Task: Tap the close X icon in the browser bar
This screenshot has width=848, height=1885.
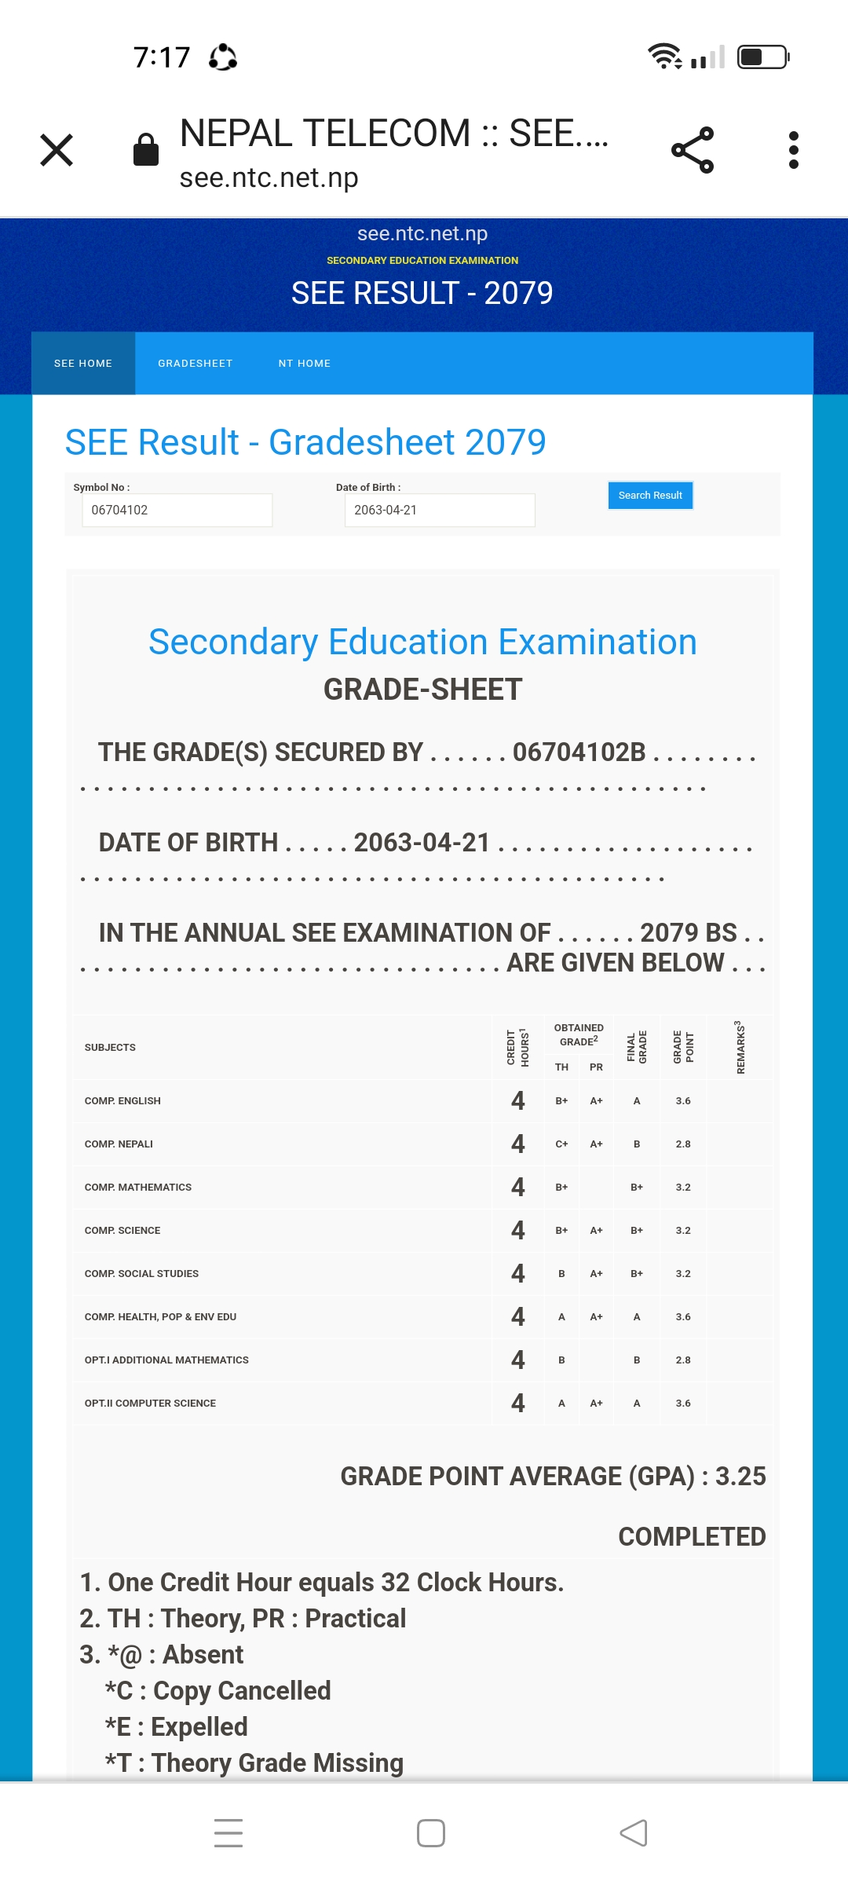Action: (x=57, y=150)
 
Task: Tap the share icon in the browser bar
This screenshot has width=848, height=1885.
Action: (x=693, y=150)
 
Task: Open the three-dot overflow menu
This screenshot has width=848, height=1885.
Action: (x=794, y=150)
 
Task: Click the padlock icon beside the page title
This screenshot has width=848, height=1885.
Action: (x=146, y=149)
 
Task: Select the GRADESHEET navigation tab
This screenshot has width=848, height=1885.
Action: (x=195, y=364)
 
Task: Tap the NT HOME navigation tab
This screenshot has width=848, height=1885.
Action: (x=305, y=364)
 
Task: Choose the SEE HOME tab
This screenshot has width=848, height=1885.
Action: (x=83, y=364)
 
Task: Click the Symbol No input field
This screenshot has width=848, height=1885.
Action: (x=177, y=511)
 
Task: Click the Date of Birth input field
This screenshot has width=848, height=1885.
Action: (x=439, y=511)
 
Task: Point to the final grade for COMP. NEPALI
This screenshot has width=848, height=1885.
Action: (x=637, y=1144)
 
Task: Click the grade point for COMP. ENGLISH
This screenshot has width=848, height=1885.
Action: (x=683, y=1101)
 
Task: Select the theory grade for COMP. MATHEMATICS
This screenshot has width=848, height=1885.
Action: (x=561, y=1188)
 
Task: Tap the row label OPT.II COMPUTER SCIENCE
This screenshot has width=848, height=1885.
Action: (x=150, y=1404)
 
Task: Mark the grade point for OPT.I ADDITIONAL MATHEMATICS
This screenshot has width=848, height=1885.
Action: (x=683, y=1360)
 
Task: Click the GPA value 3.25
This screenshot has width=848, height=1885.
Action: (x=740, y=1477)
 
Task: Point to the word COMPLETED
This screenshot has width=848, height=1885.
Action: (x=692, y=1537)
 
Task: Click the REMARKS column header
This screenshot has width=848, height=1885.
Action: (x=740, y=1048)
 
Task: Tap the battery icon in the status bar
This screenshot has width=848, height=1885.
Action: (x=762, y=57)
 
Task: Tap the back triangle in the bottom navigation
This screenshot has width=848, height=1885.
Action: (x=634, y=1833)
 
